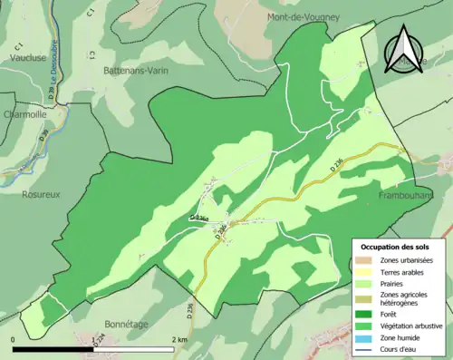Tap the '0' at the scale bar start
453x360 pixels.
14,339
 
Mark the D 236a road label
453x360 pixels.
199,219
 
